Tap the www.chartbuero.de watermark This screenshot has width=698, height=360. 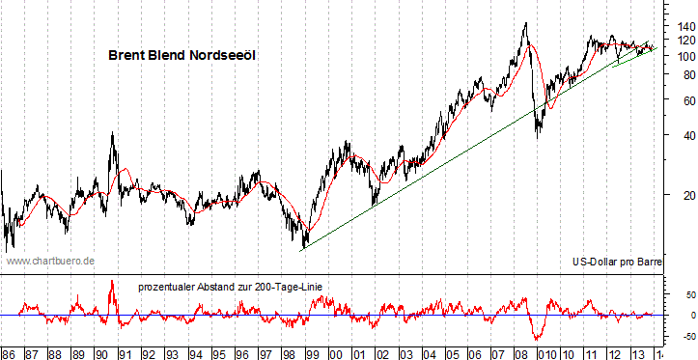50,261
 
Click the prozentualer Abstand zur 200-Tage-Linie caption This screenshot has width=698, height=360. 230,287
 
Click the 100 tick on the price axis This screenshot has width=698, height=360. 682,56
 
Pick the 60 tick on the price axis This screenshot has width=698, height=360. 682,99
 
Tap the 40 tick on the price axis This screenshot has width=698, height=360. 682,136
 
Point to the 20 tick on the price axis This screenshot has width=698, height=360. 682,197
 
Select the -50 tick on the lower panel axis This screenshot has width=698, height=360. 680,336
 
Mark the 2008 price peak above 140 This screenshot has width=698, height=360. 525,23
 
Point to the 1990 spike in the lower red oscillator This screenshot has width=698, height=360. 112,281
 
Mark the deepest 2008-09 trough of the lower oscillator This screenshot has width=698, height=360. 537,339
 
